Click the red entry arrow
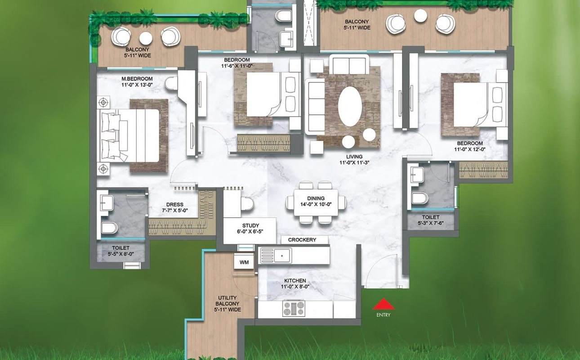(x=384, y=304)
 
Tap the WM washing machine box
(x=244, y=262)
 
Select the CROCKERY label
(x=302, y=240)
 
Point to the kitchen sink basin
(x=282, y=255)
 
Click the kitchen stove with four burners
(x=294, y=308)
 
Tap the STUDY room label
(x=250, y=225)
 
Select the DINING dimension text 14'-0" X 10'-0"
(x=316, y=204)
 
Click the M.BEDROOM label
(x=137, y=79)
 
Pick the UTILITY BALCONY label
(x=227, y=301)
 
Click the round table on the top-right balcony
(x=420, y=15)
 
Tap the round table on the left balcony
(x=146, y=38)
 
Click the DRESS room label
(x=175, y=204)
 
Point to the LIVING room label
(x=354, y=157)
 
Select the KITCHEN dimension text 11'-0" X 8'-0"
(x=295, y=287)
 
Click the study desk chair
(x=247, y=204)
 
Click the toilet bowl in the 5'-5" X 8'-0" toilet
(x=109, y=228)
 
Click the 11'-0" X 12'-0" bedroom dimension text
(x=470, y=149)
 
